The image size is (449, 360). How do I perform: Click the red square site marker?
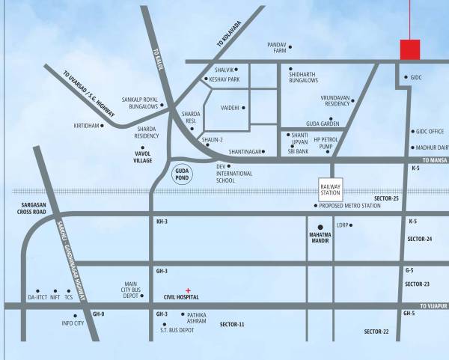click(x=409, y=49)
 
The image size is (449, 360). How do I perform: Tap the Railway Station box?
click(x=330, y=188)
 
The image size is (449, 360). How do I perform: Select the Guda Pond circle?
click(x=181, y=174)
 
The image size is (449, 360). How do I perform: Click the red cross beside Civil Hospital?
click(x=188, y=290)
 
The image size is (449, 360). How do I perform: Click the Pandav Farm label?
click(x=277, y=48)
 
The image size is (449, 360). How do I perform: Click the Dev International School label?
click(x=230, y=173)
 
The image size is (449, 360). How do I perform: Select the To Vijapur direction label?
click(x=433, y=305)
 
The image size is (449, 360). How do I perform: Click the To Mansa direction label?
click(x=433, y=160)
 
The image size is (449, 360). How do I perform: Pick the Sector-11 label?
click(x=232, y=324)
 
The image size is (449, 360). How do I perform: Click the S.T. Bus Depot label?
click(x=177, y=329)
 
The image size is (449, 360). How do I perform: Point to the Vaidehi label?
click(x=230, y=108)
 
